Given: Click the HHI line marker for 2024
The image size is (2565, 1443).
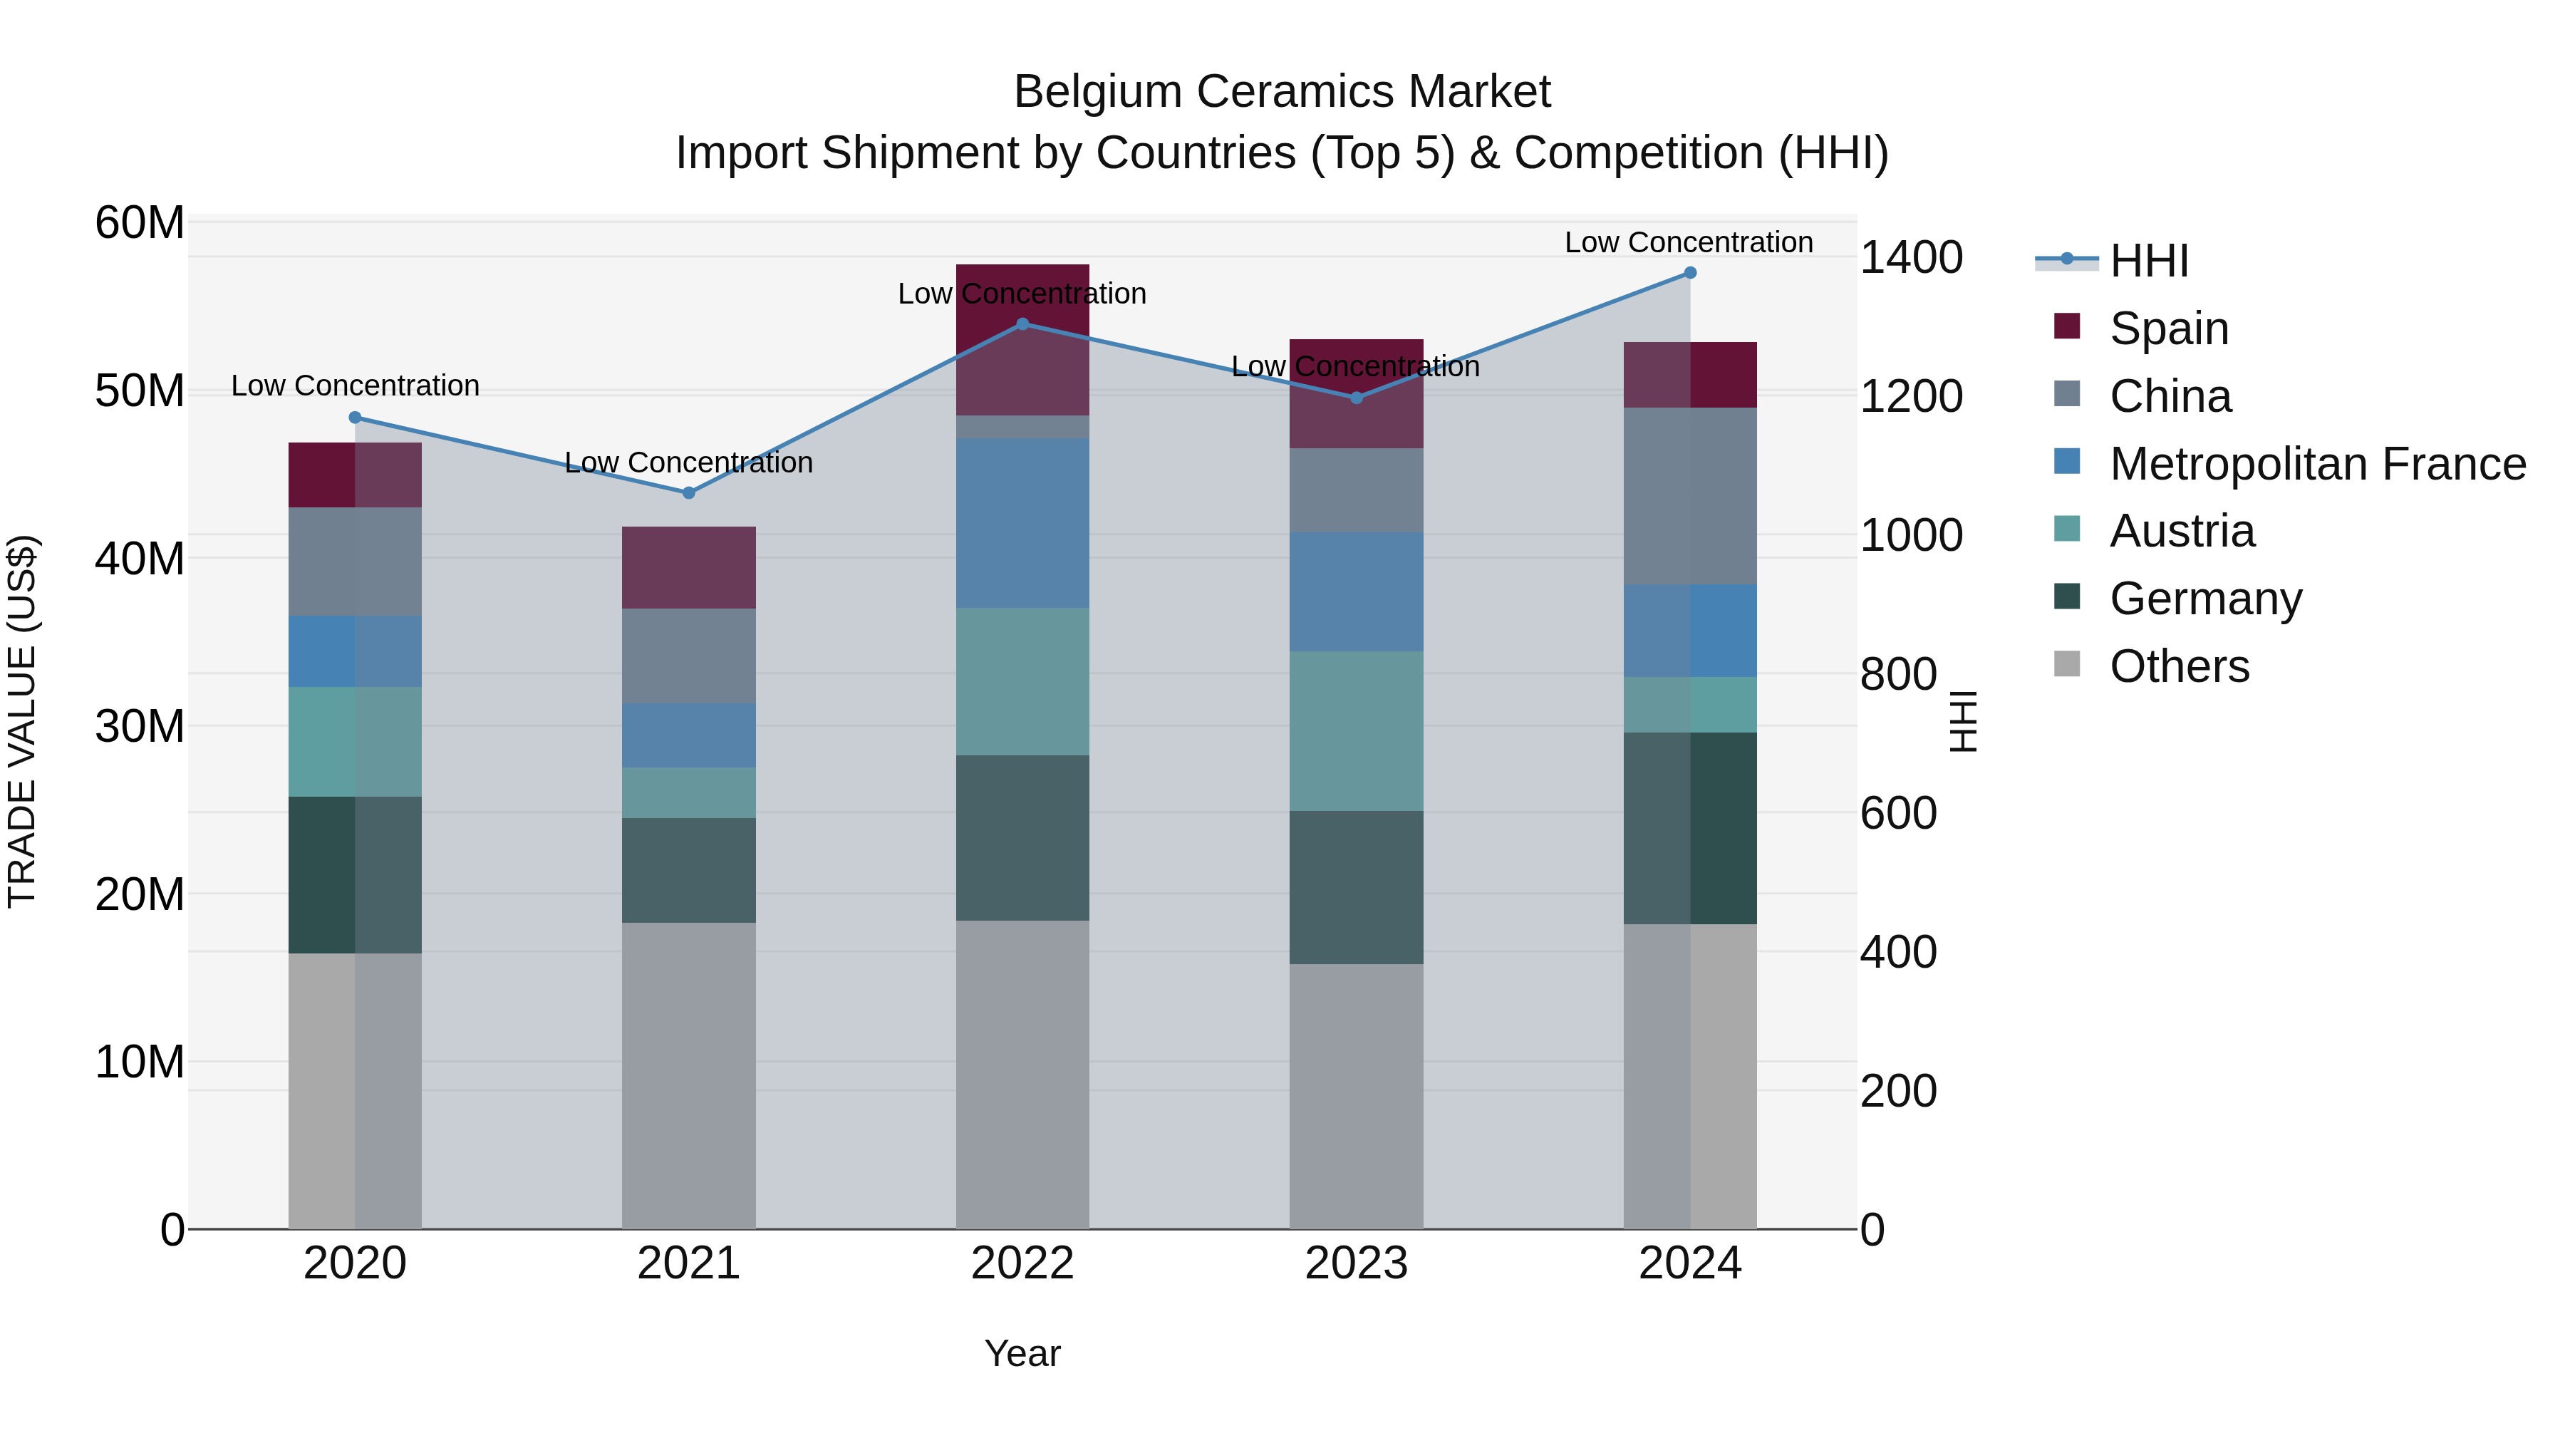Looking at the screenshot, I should [x=1690, y=273].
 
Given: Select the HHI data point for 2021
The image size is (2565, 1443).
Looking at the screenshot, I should [x=688, y=493].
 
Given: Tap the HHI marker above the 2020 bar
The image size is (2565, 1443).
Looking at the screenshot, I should [x=355, y=418].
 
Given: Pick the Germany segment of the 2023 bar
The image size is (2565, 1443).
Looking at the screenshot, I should [x=1355, y=887].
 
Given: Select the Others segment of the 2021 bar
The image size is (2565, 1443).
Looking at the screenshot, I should [x=688, y=1075].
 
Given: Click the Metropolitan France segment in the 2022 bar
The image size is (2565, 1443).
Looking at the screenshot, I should [x=1022, y=524].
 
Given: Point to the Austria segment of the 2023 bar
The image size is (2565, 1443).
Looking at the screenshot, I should [x=1355, y=731].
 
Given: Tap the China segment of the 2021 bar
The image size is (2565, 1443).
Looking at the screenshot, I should [x=688, y=656].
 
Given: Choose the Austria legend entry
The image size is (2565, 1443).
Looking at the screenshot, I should [x=2182, y=531].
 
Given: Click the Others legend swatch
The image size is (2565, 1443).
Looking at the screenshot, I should [x=2067, y=664].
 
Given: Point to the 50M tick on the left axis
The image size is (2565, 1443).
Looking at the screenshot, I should [x=140, y=391].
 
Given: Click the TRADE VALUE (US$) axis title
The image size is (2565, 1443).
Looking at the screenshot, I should [x=22, y=721].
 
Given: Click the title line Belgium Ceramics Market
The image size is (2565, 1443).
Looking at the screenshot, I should [x=1282, y=92].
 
